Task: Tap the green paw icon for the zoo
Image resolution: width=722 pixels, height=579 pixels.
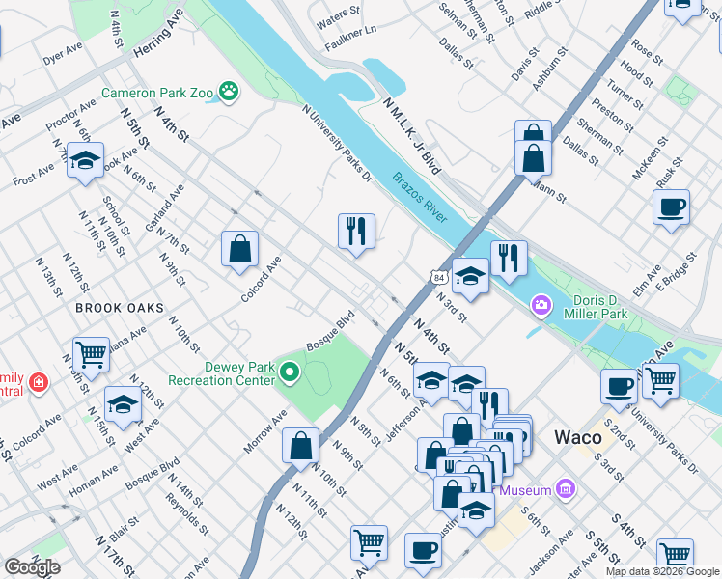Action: (x=229, y=92)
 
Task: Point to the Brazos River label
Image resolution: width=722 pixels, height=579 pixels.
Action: (x=420, y=198)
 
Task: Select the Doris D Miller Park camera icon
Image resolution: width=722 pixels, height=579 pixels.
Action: (x=541, y=306)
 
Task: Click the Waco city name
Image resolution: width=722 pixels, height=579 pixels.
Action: (x=579, y=437)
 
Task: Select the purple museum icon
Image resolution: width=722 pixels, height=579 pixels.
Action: (x=566, y=490)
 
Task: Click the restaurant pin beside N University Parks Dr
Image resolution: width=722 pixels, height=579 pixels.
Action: (x=356, y=231)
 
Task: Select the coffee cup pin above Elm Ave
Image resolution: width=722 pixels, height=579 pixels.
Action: (x=671, y=207)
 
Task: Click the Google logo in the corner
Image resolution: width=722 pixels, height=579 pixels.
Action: (x=32, y=567)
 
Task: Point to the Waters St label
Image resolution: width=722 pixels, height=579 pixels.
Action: (x=338, y=18)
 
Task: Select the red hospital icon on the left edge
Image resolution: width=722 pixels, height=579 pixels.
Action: (x=38, y=383)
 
